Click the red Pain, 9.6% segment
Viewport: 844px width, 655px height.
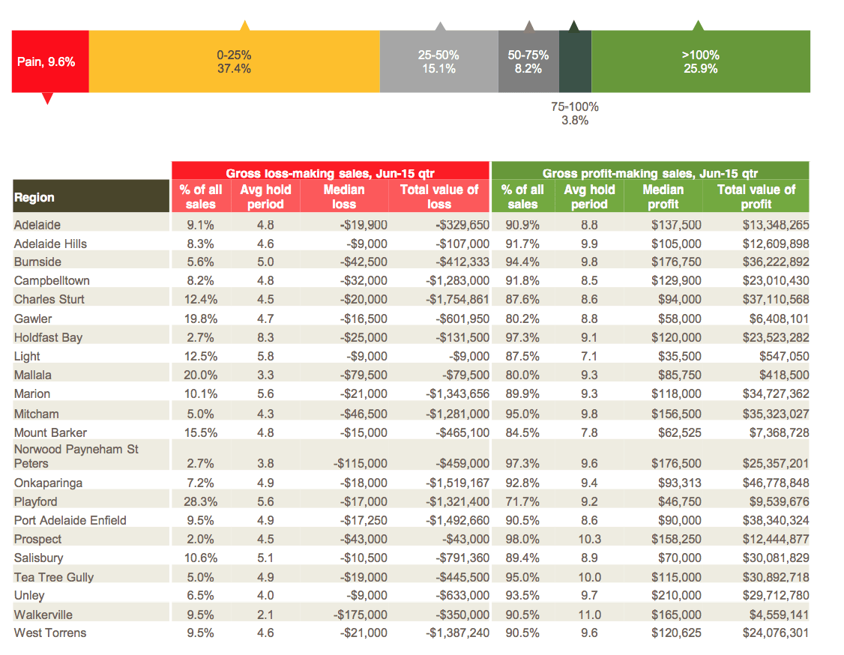[50, 61]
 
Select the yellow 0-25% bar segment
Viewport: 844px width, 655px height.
[234, 61]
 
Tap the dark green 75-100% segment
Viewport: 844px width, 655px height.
[575, 61]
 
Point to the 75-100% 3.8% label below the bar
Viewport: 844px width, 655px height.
[575, 114]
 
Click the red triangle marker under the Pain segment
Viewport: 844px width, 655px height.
[47, 98]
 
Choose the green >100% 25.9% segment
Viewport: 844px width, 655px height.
[700, 61]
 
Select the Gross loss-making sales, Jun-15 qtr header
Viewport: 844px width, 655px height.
[331, 173]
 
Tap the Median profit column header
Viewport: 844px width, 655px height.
[663, 196]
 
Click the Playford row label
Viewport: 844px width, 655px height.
[35, 501]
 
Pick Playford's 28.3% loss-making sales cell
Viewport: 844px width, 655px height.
[200, 501]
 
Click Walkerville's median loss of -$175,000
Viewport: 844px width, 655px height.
[360, 615]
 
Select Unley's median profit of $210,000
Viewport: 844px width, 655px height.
[676, 595]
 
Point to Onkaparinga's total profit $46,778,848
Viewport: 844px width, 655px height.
[776, 483]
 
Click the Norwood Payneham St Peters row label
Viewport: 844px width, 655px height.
[76, 456]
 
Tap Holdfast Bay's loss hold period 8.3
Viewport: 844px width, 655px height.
[265, 337]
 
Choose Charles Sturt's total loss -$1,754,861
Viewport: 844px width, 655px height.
[457, 299]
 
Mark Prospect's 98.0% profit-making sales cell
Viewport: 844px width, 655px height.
[522, 540]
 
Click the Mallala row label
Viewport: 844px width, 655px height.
[33, 375]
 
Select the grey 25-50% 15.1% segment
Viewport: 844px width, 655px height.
[438, 61]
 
